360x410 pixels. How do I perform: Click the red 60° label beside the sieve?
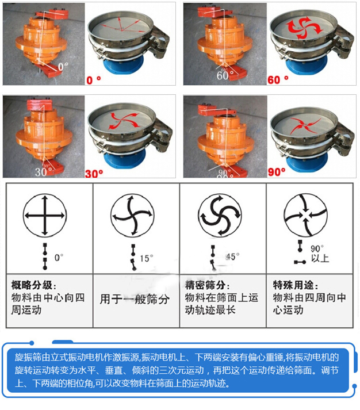pos(278,79)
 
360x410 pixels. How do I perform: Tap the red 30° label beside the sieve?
pos(94,172)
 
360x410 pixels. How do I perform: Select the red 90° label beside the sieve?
pos(278,172)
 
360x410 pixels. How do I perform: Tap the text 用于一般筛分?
pos(135,299)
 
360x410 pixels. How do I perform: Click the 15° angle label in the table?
pos(147,258)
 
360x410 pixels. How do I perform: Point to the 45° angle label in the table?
pos(232,256)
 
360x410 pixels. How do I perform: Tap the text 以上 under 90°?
pos(320,259)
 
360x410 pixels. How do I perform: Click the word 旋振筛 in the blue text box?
pos(28,357)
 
